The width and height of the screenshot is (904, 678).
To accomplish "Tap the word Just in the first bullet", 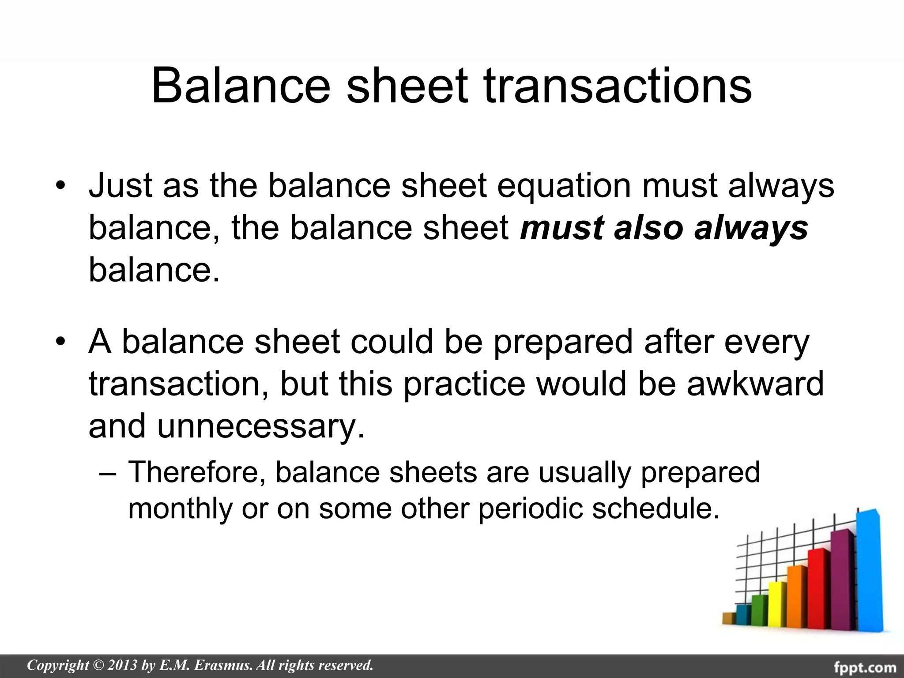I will coord(118,185).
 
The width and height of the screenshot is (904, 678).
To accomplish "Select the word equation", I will coord(564,185).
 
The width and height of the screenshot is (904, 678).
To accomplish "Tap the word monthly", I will coord(180,508).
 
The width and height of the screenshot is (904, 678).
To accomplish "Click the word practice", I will coord(464,383).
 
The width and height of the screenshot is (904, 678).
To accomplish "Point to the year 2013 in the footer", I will coord(122,665).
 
